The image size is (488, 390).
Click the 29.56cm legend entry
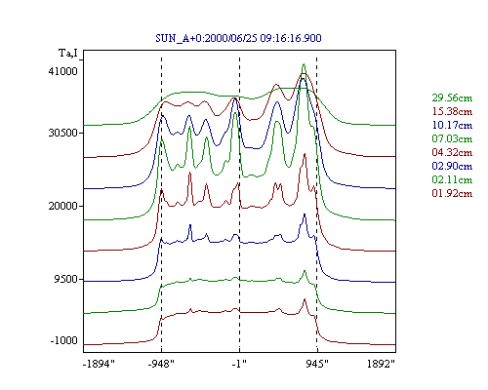(452, 97)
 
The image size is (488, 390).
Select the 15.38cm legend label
(452, 111)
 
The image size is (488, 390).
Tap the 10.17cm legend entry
(452, 125)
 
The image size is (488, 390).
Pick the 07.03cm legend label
(452, 138)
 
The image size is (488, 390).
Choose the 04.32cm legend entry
(452, 152)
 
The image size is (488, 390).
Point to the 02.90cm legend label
(452, 166)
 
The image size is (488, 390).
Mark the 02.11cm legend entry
(452, 179)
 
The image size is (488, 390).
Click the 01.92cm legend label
(452, 193)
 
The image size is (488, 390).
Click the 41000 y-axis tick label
(63, 71)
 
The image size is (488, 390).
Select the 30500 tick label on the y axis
(63, 133)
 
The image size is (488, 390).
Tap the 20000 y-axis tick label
(63, 206)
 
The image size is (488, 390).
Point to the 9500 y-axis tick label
(66, 279)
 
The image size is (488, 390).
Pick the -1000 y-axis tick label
(64, 340)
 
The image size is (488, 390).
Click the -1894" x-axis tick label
(100, 364)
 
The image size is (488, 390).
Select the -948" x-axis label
(161, 364)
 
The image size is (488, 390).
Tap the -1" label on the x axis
(239, 364)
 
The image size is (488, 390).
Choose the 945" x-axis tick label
(317, 364)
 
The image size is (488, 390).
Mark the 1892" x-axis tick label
(381, 364)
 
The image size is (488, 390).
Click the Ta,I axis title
(68, 53)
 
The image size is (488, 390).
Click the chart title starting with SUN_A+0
(238, 38)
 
